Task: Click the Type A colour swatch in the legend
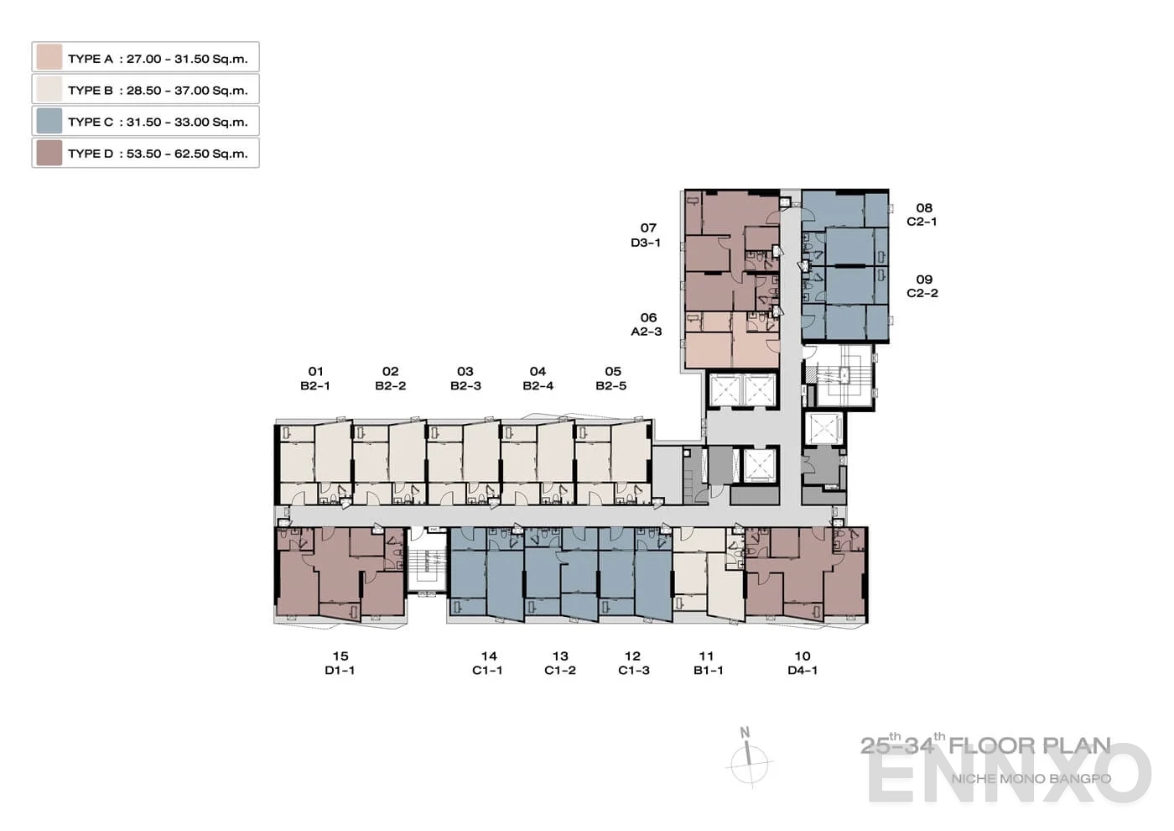49,57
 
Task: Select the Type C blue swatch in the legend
49,121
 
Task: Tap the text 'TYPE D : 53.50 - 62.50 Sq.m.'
158,154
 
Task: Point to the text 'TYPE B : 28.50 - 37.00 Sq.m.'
158,90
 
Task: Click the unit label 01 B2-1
315,379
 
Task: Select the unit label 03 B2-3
465,379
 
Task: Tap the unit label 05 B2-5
611,379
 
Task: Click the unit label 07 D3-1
647,235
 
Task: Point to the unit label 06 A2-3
647,325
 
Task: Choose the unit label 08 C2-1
922,215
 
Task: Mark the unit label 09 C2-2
922,286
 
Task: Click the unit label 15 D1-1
340,663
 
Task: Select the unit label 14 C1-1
488,663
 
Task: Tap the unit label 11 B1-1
708,663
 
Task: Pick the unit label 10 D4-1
803,663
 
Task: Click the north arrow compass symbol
748,760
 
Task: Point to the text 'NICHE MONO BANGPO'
1031,778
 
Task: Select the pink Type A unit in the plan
731,340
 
